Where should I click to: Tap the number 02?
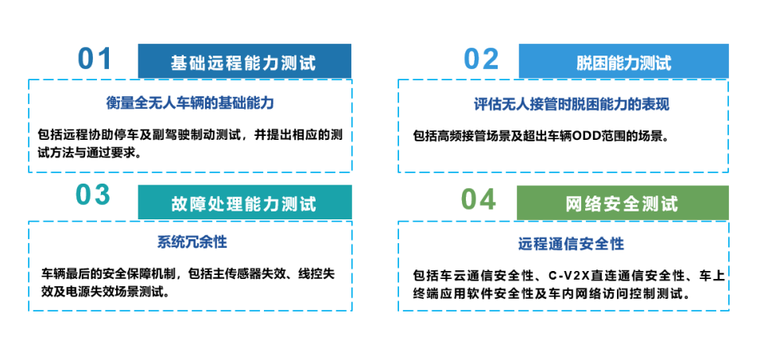pos(481,59)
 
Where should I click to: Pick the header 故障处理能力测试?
pos(243,203)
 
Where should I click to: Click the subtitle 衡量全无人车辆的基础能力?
pos(191,103)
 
